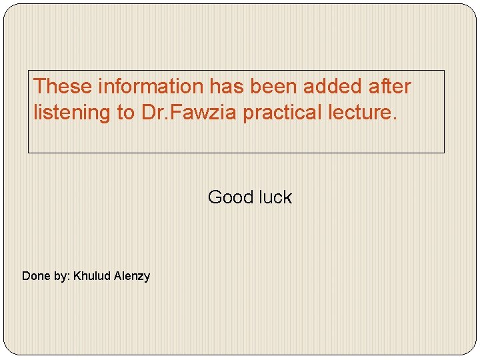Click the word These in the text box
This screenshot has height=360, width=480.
[x=62, y=86]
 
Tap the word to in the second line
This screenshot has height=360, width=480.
[x=126, y=113]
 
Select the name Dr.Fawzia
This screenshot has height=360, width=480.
[x=189, y=113]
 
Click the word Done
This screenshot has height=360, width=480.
[x=35, y=275]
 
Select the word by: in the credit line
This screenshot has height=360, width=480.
[x=61, y=276]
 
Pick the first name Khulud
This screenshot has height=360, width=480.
[x=92, y=275]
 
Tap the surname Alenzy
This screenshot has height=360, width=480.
[x=132, y=276]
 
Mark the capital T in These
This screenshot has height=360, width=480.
[x=39, y=86]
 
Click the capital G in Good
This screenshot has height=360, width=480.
[x=215, y=197]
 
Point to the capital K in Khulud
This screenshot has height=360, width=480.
[x=77, y=275]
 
